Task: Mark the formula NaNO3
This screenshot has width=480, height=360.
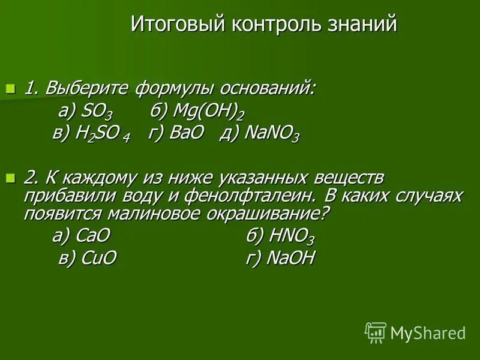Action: tap(271, 134)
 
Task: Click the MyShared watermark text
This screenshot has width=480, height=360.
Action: tap(428, 332)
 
